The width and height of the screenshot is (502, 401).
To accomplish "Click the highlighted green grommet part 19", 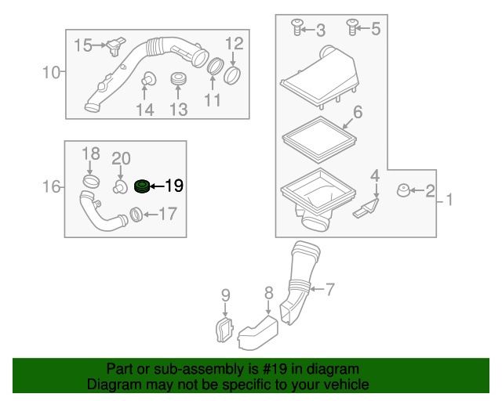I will click(142, 186).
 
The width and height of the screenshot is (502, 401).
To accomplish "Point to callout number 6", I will click(357, 113).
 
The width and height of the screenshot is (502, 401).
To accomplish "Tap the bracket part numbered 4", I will click(366, 209).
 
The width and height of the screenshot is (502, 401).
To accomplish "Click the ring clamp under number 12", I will click(233, 75).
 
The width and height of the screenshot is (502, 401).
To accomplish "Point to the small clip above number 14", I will click(146, 78).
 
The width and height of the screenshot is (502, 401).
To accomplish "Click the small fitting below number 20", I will click(120, 187).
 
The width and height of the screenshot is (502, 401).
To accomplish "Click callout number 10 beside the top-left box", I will click(51, 74).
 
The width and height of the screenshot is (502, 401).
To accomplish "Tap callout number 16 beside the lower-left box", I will click(51, 186).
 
